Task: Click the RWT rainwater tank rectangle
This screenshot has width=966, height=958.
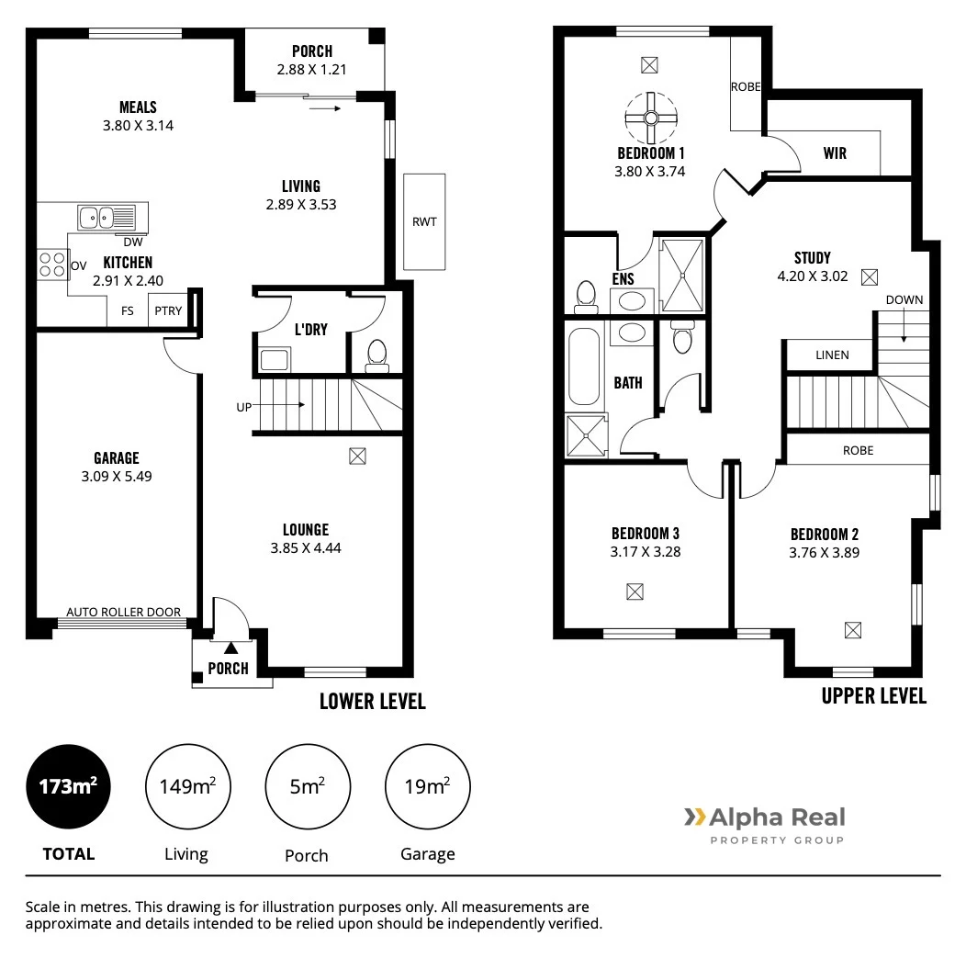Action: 423,221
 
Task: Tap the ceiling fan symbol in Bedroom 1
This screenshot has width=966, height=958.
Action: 650,117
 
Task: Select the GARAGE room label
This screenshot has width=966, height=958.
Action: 116,457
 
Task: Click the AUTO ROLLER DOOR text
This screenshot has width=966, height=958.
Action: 123,613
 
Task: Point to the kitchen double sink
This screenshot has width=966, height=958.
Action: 106,218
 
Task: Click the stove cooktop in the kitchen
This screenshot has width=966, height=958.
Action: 51,265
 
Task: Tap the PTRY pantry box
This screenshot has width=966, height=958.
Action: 168,310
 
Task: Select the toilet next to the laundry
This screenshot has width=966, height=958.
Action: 376,355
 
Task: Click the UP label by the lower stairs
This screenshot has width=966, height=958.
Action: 243,405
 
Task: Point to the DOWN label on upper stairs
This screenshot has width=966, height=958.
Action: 904,299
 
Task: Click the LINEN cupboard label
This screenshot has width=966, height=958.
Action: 832,355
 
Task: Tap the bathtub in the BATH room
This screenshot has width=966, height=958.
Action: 584,365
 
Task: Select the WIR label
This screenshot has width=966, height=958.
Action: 835,153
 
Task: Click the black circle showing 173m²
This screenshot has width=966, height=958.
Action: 69,787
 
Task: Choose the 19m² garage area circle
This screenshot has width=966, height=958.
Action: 427,787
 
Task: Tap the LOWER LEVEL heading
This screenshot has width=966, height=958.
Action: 372,701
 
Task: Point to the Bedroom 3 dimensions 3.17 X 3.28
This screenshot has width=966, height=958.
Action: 645,552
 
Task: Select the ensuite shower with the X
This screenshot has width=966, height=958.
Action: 683,276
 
